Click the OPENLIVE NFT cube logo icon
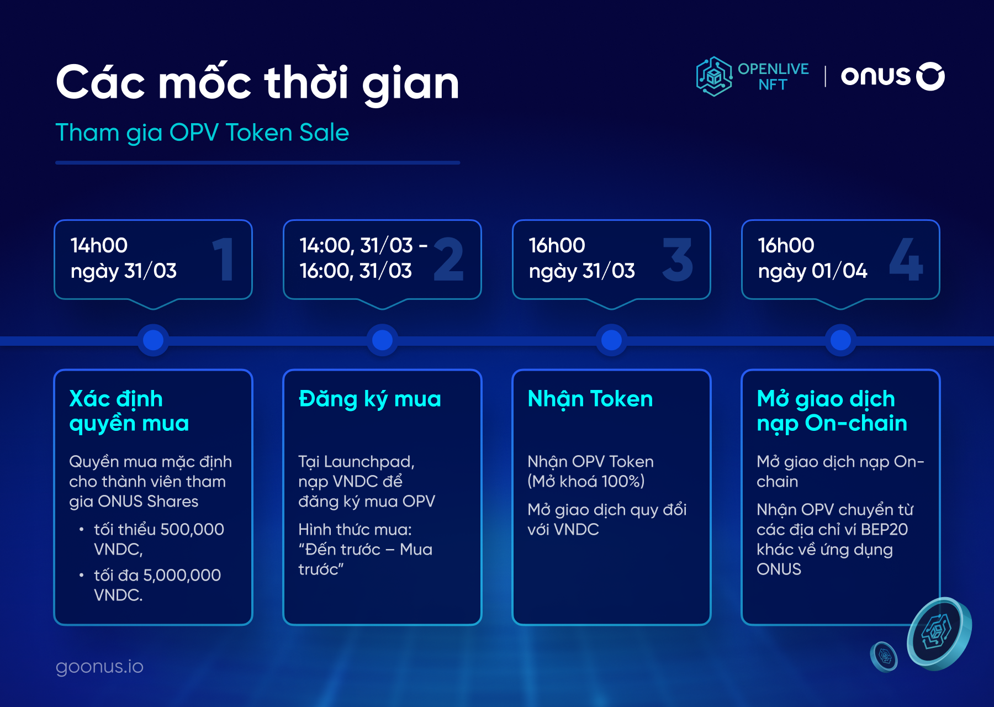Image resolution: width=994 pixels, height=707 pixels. click(714, 76)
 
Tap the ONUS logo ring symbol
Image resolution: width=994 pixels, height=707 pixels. click(930, 76)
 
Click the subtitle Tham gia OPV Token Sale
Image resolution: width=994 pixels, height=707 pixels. click(202, 133)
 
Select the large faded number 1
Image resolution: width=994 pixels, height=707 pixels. click(224, 259)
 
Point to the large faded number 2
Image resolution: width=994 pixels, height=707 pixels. click(448, 259)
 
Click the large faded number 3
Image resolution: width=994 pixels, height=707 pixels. click(678, 259)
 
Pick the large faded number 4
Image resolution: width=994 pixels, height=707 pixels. click(906, 259)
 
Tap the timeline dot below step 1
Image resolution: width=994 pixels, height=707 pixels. click(153, 340)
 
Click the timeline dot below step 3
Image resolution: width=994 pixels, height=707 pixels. click(611, 340)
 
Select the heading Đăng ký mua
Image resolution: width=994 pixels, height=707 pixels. click(369, 399)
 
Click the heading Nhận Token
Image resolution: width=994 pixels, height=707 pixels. click(590, 399)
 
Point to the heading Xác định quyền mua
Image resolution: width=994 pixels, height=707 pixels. click(129, 411)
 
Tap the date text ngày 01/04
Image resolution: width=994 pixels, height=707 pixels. click(812, 271)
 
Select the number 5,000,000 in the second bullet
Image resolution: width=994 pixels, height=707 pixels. click(182, 575)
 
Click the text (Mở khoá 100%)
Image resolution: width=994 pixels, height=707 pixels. click(586, 481)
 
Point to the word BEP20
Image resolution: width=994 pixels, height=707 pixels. click(884, 529)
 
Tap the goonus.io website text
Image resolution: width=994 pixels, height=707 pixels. click(99, 666)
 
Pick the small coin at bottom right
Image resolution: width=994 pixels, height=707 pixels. click(884, 656)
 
